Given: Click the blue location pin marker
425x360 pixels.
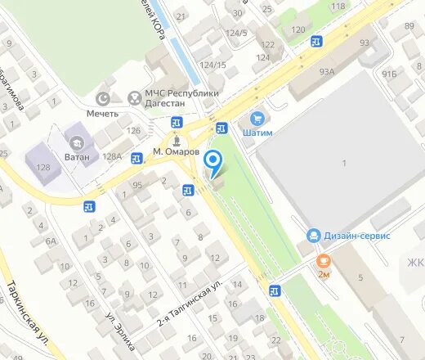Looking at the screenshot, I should click(x=213, y=162).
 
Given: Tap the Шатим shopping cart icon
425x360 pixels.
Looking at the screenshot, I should click(x=257, y=119).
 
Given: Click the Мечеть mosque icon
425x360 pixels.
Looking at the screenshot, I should click(x=105, y=99).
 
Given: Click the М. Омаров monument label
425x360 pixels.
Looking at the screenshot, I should click(x=176, y=152).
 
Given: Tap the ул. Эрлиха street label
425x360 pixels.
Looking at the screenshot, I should click(x=121, y=327).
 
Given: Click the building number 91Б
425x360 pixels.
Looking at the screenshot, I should click(x=389, y=75).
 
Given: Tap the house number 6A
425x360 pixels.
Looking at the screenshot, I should click(x=51, y=241).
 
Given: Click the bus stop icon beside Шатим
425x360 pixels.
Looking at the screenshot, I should click(x=221, y=128).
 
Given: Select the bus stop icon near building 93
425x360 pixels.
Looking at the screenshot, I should click(x=315, y=41).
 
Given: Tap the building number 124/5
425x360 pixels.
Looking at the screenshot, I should click(x=236, y=33).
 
